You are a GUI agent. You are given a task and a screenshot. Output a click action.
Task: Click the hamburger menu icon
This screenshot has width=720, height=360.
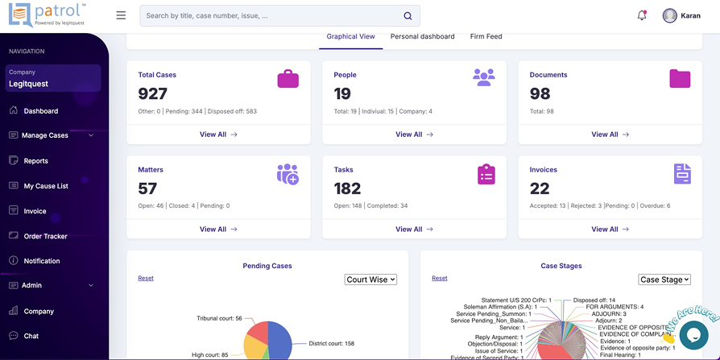click(x=121, y=15)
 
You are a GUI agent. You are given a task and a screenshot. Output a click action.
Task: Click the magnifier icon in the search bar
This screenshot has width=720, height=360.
click(x=408, y=16)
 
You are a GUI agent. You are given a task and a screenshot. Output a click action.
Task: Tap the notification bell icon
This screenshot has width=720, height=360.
click(x=642, y=15)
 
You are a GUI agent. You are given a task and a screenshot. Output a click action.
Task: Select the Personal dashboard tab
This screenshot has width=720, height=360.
click(x=422, y=36)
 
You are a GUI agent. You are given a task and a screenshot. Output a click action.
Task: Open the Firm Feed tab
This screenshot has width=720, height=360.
click(x=486, y=36)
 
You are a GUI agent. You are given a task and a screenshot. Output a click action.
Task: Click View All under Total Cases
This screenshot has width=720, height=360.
click(x=218, y=134)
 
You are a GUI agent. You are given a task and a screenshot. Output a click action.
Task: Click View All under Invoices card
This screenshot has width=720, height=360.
click(x=610, y=230)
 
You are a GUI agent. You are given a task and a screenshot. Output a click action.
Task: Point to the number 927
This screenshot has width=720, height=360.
click(x=153, y=93)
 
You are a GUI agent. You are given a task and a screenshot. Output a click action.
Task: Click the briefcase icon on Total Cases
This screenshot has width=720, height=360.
click(x=288, y=78)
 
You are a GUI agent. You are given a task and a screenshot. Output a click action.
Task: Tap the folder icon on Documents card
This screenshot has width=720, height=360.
click(x=680, y=78)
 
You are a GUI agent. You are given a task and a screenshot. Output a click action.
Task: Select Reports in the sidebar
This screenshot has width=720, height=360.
click(x=35, y=161)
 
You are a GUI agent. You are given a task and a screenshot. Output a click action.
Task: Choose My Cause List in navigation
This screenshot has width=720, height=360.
click(x=46, y=186)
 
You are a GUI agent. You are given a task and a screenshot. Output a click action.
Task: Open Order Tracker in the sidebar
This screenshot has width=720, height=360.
click(x=45, y=237)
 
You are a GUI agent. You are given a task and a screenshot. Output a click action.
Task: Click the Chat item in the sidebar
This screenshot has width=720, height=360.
click(x=31, y=336)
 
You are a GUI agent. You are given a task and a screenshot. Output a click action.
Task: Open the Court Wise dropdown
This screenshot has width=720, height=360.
click(x=370, y=279)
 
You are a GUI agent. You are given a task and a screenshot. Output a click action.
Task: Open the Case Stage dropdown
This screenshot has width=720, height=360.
click(x=664, y=279)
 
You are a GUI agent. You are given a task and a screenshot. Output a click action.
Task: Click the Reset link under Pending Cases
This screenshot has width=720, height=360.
click(x=146, y=279)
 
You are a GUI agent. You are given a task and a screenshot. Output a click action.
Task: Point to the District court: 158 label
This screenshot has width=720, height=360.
click(x=332, y=343)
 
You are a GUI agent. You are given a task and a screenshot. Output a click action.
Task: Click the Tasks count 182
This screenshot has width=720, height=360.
click(x=348, y=188)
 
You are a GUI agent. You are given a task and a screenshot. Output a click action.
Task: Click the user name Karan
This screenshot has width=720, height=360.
click(x=690, y=15)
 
